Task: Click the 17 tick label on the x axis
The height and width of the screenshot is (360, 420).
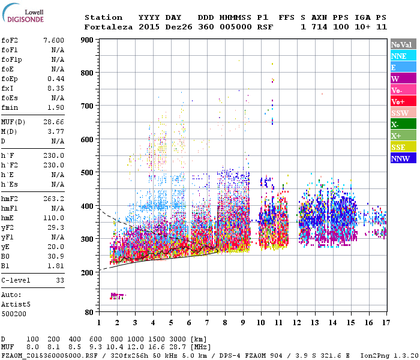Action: [386, 323]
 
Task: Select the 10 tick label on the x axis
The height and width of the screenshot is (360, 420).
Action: [261, 323]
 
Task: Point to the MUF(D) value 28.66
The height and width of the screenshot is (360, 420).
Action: [54, 121]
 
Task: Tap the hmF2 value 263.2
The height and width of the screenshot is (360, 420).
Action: [54, 198]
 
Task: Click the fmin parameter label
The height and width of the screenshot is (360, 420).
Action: [10, 107]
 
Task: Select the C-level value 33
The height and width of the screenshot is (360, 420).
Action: [59, 280]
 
